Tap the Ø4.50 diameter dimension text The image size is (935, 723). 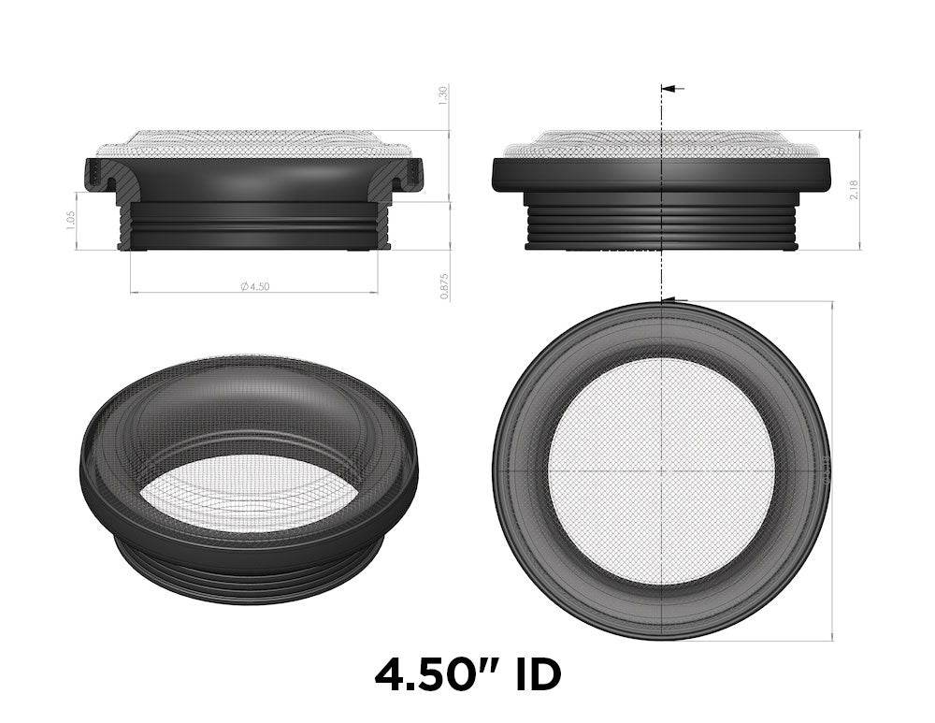click(254, 287)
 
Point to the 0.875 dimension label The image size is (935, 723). click(444, 285)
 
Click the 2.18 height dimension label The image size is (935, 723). click(868, 190)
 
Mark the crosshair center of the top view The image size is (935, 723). click(661, 470)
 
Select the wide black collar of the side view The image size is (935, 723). click(661, 173)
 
